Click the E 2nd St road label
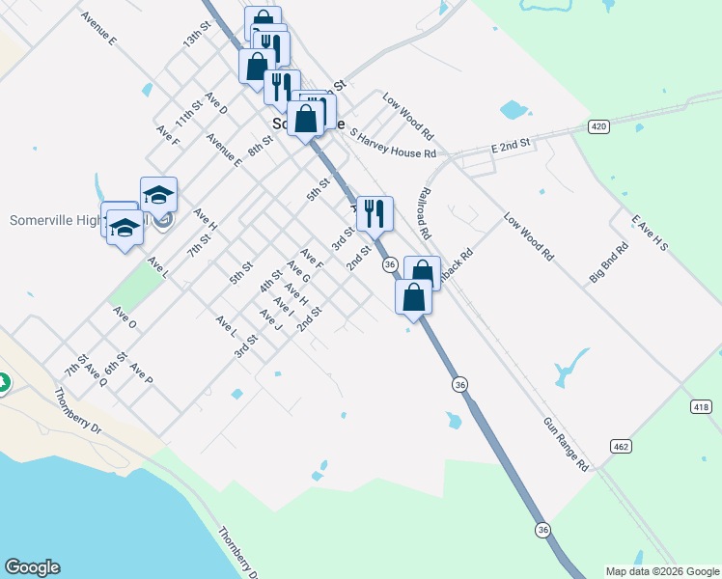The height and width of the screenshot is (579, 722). (x=512, y=144)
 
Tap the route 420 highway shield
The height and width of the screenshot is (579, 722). (x=599, y=126)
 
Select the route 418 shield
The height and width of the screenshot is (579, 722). (x=702, y=407)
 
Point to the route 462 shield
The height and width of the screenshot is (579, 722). (x=621, y=445)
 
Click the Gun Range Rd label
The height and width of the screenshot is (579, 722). (x=566, y=444)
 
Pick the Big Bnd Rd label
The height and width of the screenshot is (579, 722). (x=609, y=262)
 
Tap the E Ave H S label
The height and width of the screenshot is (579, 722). (x=650, y=234)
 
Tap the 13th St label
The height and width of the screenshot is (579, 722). (x=197, y=40)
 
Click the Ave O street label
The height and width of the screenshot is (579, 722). (x=124, y=317)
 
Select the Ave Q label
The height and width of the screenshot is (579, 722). (x=96, y=374)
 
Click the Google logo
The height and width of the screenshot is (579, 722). (x=32, y=567)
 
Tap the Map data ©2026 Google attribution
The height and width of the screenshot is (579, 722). (x=662, y=571)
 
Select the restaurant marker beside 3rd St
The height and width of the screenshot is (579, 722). (x=375, y=214)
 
